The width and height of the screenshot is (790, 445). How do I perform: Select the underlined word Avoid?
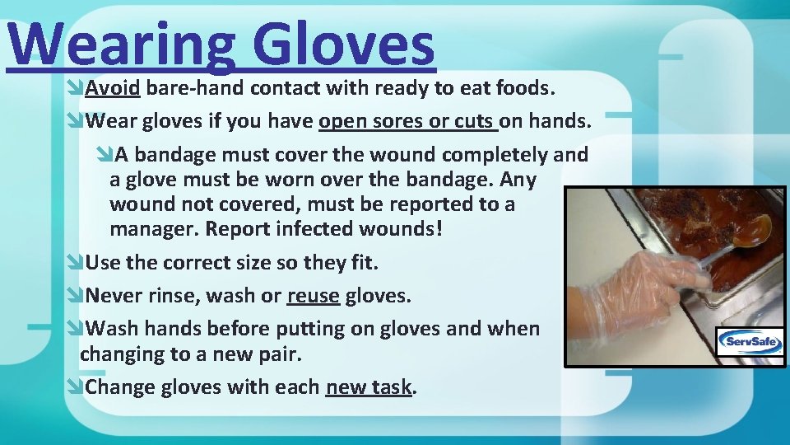point(113,87)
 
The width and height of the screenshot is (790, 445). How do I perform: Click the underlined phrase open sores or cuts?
point(407,122)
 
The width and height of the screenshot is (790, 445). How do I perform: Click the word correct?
point(198,264)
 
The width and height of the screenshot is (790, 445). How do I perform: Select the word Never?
point(114,295)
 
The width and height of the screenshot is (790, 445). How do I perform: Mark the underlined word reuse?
point(313,295)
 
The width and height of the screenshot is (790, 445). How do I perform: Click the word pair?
point(281,354)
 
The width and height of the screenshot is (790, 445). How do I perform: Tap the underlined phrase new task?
point(368,387)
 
